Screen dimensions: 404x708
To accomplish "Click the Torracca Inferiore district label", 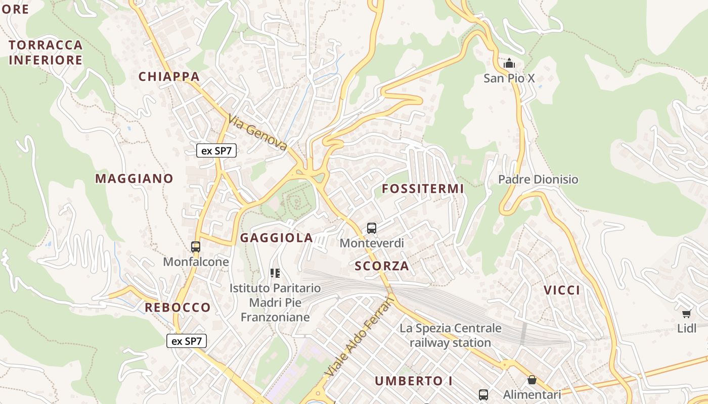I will tap(46, 53).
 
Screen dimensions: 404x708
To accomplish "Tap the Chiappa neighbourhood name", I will tap(169, 77).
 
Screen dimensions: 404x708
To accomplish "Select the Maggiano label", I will tap(134, 178).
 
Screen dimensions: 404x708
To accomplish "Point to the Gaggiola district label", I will tap(277, 238).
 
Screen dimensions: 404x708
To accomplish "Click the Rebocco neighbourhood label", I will tap(178, 308).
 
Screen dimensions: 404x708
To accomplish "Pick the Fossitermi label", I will tap(423, 189).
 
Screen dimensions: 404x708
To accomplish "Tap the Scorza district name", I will tap(382, 266).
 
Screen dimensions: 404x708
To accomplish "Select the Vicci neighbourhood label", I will tap(562, 290).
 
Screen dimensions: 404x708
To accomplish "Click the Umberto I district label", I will tap(414, 381).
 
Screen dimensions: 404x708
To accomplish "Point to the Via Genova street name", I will tap(257, 133).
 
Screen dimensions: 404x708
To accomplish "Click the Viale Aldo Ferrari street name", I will tap(360, 336).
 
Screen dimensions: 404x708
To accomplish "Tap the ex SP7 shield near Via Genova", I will tap(216, 150).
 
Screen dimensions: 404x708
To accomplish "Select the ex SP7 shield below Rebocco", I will tap(187, 341).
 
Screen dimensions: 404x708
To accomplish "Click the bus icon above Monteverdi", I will tap(372, 228).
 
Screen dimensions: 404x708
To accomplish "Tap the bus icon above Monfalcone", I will tap(196, 247).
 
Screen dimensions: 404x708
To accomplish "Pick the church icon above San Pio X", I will tap(509, 64).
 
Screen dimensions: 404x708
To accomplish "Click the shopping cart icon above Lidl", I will tap(687, 314).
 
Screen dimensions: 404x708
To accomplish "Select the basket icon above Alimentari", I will tap(532, 380).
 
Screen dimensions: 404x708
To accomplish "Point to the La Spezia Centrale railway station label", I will tap(451, 335).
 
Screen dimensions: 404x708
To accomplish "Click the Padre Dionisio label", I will tap(538, 179).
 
